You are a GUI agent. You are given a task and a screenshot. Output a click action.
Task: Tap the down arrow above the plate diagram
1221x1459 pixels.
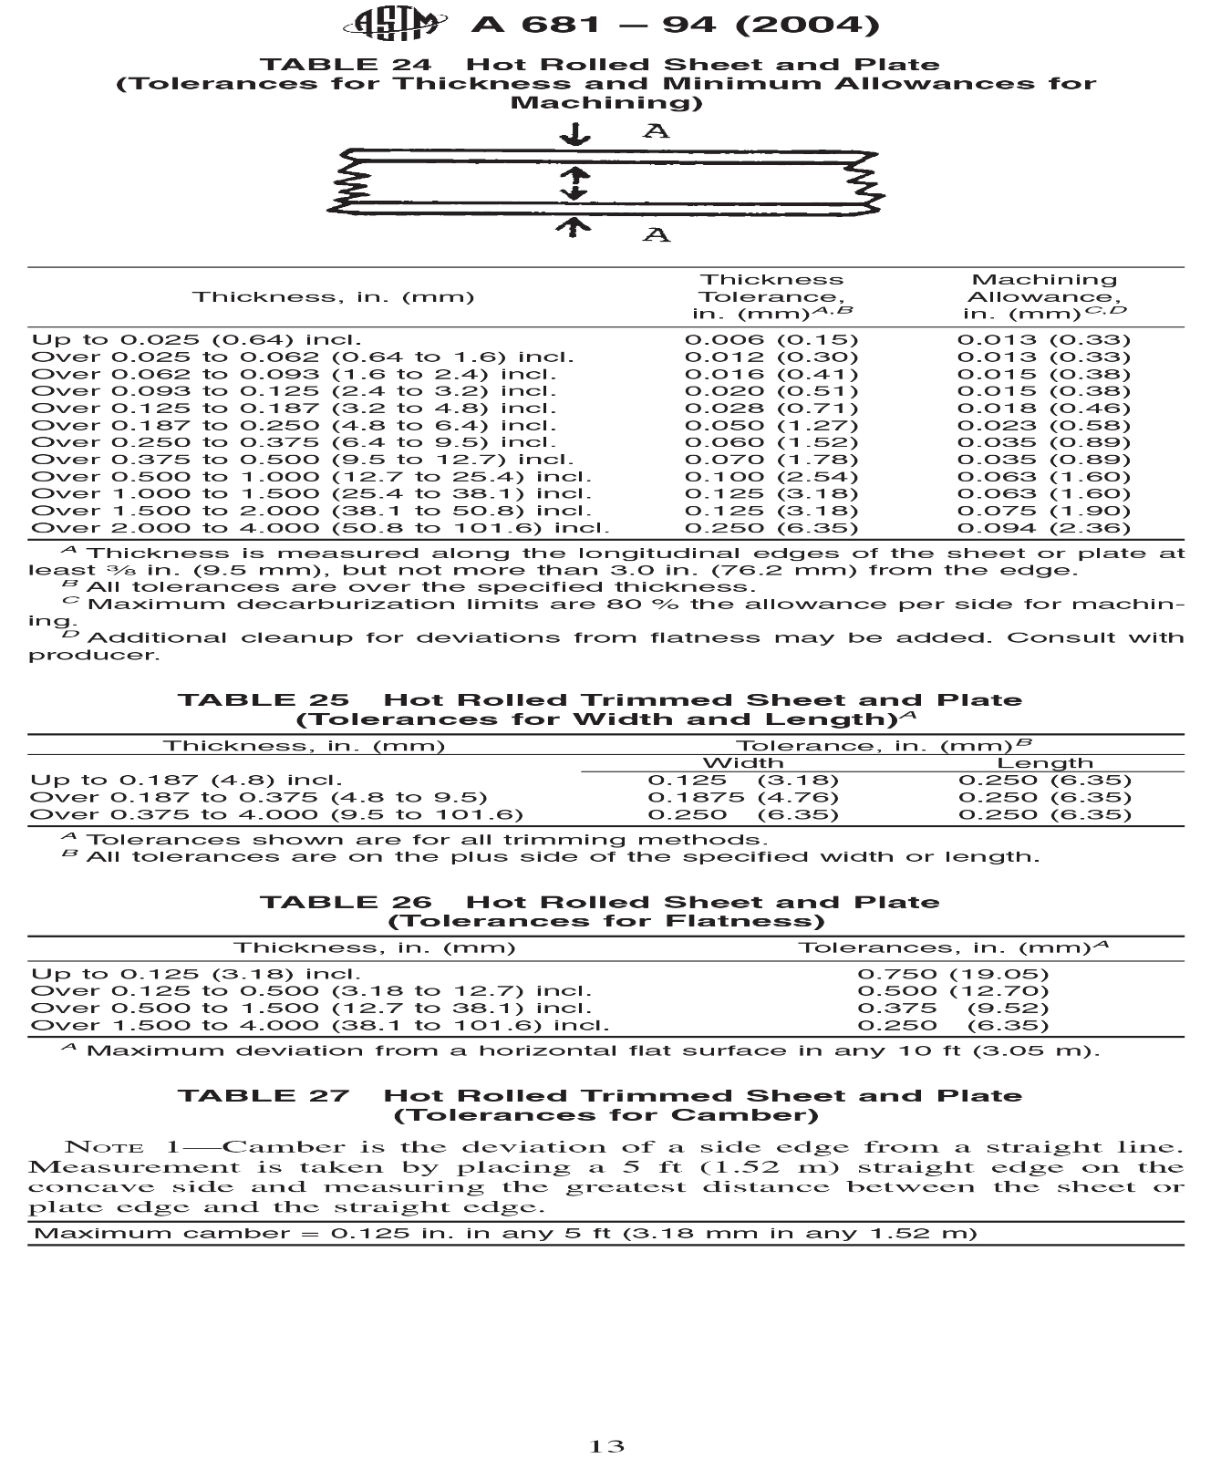point(574,135)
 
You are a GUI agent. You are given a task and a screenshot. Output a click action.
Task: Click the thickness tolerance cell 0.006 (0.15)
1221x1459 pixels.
point(771,340)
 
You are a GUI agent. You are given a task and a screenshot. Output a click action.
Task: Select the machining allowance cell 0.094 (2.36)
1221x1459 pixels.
point(1043,528)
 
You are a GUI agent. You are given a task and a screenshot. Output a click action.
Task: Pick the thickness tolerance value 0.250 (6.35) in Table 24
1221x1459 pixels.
point(771,528)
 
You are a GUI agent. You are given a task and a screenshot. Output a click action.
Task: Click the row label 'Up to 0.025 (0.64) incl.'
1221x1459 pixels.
point(196,340)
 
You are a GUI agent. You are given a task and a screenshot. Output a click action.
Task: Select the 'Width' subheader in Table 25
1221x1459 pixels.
point(743,763)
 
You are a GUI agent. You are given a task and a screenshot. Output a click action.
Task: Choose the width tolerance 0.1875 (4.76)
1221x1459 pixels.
point(743,797)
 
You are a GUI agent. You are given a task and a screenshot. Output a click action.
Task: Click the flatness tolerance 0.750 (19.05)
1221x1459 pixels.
point(953,974)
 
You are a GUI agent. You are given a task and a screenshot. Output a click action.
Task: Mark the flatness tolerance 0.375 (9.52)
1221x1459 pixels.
point(953,1008)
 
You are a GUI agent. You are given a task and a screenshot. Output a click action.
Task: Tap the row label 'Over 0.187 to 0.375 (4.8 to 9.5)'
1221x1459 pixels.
point(259,797)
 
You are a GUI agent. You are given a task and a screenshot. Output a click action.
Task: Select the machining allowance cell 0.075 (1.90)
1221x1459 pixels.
point(1043,511)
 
